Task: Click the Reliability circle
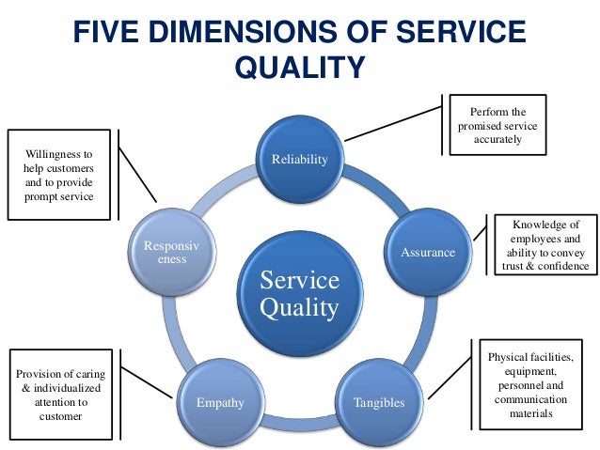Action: pos(300,160)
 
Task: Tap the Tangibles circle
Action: pos(379,401)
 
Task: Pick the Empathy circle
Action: pos(220,401)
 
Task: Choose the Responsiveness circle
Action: pos(171,252)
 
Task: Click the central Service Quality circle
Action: pos(299,294)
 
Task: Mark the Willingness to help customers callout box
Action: pos(60,174)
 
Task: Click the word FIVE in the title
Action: pos(106,33)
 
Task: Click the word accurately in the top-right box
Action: pos(498,141)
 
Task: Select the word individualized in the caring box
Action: pos(67,388)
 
